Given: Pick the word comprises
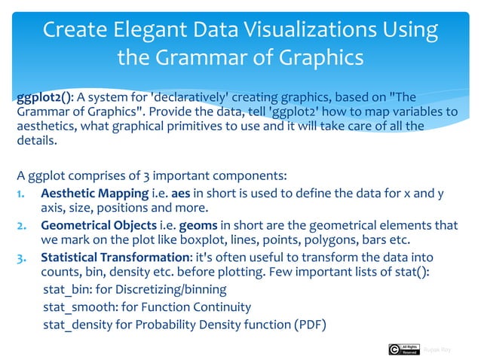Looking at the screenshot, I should tap(97, 178).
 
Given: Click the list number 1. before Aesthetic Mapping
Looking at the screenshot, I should tap(23, 194).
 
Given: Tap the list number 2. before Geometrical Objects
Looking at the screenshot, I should tap(23, 225).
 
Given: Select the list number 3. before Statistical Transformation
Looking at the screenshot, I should tap(23, 258).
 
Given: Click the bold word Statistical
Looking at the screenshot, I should tap(72, 258).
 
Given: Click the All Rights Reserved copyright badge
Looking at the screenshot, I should tap(403, 349).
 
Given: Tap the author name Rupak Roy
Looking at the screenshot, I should tap(437, 349).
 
